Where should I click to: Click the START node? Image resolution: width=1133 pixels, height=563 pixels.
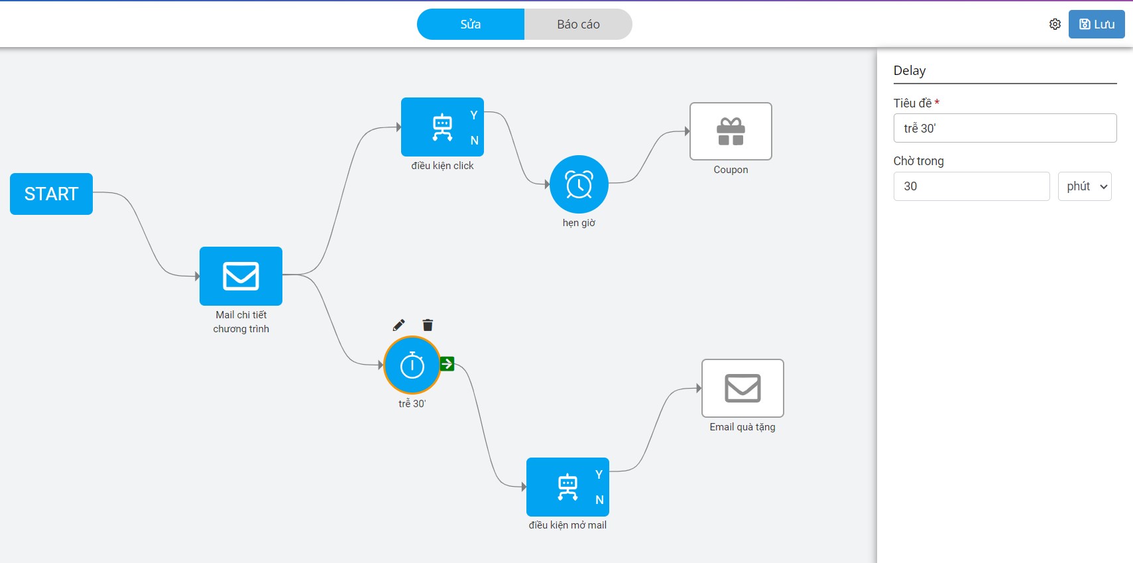point(51,194)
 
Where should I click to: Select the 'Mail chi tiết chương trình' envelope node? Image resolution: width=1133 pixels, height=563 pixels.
point(241,276)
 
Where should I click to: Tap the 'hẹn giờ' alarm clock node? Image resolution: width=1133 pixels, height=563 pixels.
point(579,184)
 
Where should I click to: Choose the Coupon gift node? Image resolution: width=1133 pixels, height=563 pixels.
point(731,131)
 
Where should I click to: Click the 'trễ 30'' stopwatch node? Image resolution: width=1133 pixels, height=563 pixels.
point(412,365)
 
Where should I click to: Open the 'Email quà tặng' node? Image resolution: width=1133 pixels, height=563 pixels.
point(743,388)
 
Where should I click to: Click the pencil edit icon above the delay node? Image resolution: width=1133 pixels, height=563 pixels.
point(398,325)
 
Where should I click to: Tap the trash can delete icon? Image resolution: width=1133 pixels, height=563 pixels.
point(428,325)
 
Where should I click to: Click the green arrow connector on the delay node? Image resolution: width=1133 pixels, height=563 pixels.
point(447,363)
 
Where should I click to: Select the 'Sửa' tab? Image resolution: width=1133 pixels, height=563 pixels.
point(471,25)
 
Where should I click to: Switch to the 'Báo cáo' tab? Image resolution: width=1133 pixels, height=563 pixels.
point(578,25)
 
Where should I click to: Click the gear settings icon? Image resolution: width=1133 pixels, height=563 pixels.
point(1055,25)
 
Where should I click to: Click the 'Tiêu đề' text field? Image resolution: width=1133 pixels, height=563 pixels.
point(1004,128)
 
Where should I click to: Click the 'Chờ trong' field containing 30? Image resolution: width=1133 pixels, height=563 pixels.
point(971,186)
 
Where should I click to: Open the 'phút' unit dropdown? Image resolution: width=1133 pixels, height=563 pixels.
point(1085,186)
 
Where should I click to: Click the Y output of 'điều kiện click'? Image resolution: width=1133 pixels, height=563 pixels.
point(474,115)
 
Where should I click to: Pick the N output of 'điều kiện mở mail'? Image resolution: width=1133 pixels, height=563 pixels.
point(599,500)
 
